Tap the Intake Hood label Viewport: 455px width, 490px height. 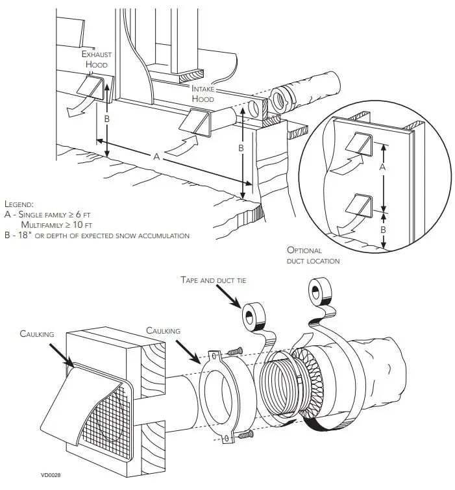203,93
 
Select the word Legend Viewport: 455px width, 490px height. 19,204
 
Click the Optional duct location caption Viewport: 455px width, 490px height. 313,255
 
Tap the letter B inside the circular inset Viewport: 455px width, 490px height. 382,229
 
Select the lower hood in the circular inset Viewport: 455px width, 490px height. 358,204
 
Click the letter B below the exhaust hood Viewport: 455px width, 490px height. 108,119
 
